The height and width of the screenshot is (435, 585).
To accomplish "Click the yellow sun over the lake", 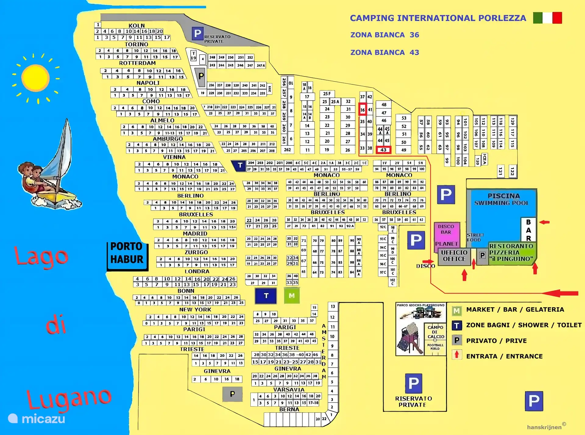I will coord(36,78).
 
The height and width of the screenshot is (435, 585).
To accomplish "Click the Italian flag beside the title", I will coord(547,18).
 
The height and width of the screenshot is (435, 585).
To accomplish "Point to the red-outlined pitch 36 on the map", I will coord(362,110).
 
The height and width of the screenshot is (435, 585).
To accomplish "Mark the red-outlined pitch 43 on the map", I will coord(383,150).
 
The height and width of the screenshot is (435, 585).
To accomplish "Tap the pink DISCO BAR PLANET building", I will coord(446,235).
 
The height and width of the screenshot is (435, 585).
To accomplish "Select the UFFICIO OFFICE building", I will coord(454,256).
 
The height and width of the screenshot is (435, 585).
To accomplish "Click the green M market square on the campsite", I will coord(292,295).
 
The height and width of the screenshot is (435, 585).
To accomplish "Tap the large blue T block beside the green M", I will coord(266,296).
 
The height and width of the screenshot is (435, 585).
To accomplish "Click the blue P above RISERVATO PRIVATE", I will coord(413,383).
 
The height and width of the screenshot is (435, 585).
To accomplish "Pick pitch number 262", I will coord(287,150).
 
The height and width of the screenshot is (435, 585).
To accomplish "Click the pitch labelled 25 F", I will coord(327,94).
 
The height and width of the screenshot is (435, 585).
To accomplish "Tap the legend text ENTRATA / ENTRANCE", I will coord(504,356).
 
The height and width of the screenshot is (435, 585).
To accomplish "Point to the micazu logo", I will coord(37,419).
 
